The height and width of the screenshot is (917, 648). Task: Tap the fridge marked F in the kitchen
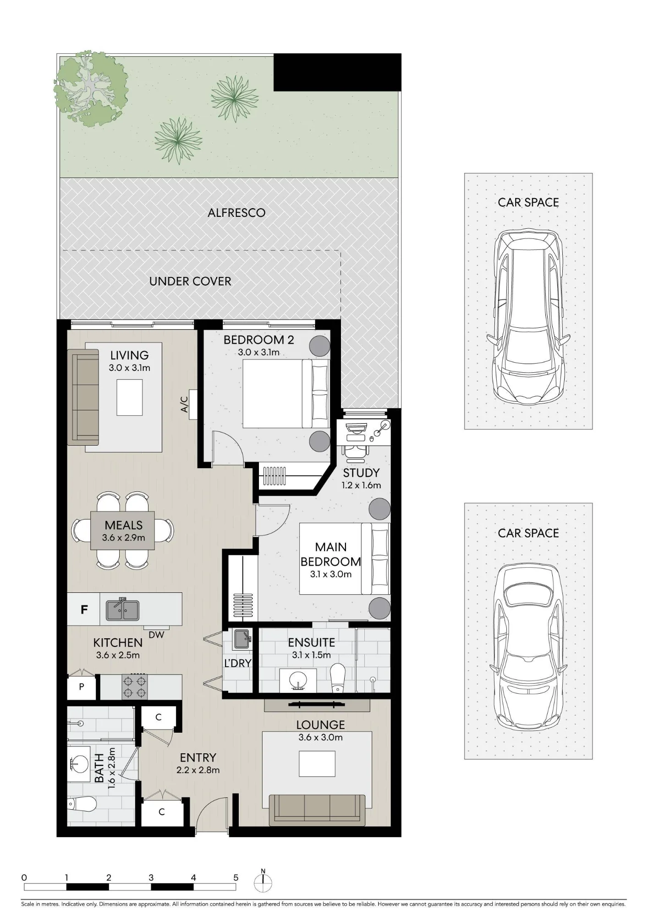click(x=84, y=609)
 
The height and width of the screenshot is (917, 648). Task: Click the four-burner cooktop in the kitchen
click(x=135, y=686)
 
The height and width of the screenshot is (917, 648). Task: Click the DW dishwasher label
click(x=156, y=635)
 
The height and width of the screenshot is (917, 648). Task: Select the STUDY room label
click(x=361, y=473)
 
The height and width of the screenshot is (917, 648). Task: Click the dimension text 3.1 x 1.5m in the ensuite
click(x=312, y=655)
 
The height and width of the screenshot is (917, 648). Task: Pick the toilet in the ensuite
click(x=337, y=678)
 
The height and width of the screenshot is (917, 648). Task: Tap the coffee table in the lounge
click(x=317, y=764)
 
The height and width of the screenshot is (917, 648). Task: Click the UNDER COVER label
click(x=190, y=281)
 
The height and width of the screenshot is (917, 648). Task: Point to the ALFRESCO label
click(x=236, y=213)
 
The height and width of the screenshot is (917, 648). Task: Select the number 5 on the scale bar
click(x=236, y=878)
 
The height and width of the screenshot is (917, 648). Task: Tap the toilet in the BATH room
click(x=82, y=804)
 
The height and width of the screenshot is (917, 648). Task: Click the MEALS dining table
click(x=123, y=530)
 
